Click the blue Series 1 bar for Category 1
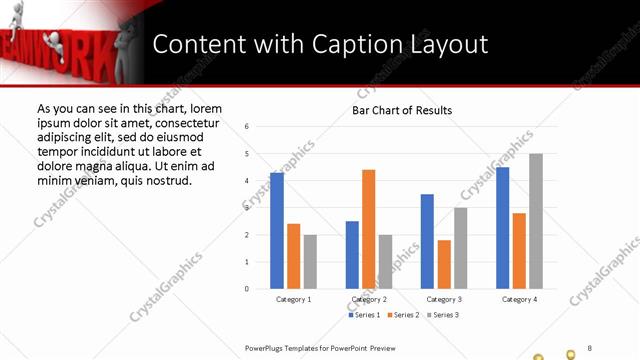click(x=277, y=231)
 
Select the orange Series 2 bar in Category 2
click(x=369, y=229)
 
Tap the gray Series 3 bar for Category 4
click(x=536, y=221)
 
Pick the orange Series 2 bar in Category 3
click(x=443, y=264)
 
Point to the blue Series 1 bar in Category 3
click(x=427, y=241)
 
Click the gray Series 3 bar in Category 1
click(x=310, y=262)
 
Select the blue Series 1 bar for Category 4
click(x=502, y=228)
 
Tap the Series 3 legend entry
click(x=444, y=315)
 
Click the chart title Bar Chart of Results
click(x=402, y=110)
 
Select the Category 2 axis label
click(x=369, y=299)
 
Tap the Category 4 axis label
click(x=519, y=299)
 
